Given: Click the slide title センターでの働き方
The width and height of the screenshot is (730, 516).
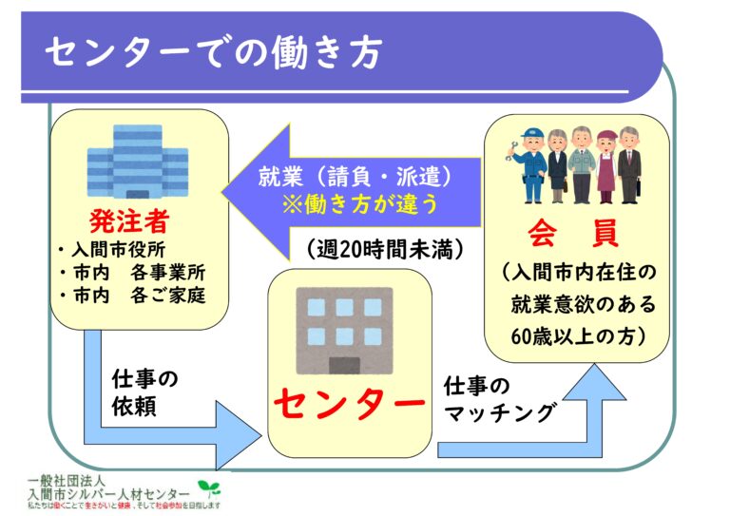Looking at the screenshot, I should point(213,52).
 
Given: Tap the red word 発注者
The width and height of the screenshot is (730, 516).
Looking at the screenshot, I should point(129,221).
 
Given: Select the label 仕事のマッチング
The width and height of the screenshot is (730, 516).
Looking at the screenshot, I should point(499,400).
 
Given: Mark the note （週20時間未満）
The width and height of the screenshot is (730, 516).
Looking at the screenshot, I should point(385,250).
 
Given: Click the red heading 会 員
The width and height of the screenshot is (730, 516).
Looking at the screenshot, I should point(577,232).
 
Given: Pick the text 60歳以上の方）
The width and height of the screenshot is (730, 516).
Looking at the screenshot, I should point(578,335).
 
